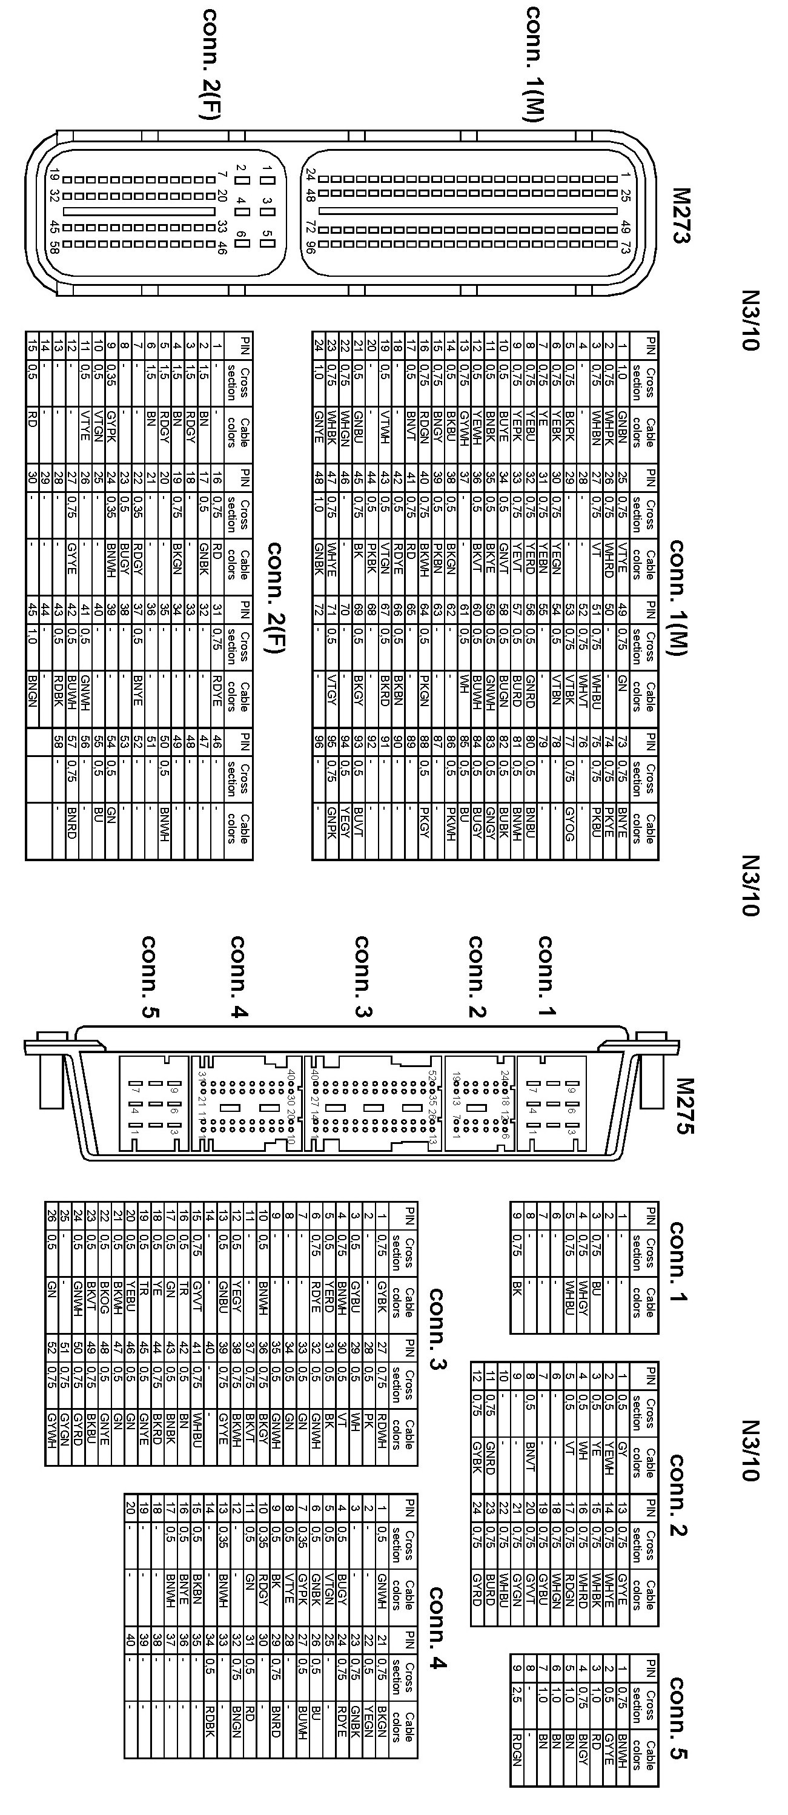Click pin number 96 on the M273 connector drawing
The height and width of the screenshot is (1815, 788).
click(310, 246)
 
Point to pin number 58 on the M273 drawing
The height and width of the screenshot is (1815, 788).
click(53, 246)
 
